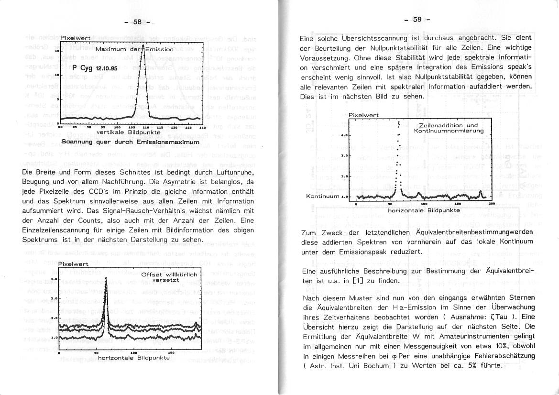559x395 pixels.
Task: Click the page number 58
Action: [x=137, y=22]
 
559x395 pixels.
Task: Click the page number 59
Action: [x=417, y=20]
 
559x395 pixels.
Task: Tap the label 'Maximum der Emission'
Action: [x=134, y=49]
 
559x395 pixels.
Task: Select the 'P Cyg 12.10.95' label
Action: [x=95, y=68]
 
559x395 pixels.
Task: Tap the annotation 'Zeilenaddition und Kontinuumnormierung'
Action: [x=448, y=128]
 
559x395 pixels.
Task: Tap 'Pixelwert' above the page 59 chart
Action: [x=363, y=115]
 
